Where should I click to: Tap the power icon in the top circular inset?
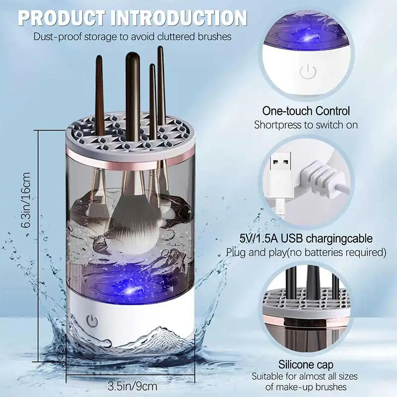pyautogui.click(x=308, y=72)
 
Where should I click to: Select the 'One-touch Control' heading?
pyautogui.click(x=306, y=111)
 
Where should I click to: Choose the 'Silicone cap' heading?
pyautogui.click(x=306, y=365)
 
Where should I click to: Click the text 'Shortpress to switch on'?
pyautogui.click(x=306, y=125)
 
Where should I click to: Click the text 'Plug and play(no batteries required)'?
pyautogui.click(x=306, y=253)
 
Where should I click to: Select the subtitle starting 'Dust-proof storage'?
pyautogui.click(x=132, y=36)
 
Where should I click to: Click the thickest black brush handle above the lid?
pyautogui.click(x=132, y=84)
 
